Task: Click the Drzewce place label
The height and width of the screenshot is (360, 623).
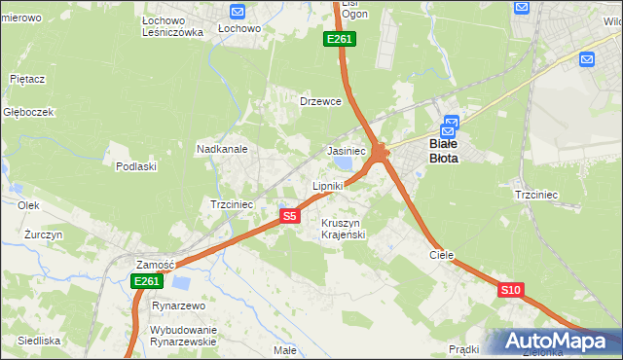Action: [320, 101]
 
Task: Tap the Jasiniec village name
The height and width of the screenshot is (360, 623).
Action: [346, 152]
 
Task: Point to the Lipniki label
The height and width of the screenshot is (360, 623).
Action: [328, 185]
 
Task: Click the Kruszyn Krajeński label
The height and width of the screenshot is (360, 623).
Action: [343, 229]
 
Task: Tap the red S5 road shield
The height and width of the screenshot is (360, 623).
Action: [289, 216]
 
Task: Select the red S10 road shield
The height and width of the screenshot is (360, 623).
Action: [511, 290]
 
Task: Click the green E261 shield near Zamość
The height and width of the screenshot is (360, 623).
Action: [145, 281]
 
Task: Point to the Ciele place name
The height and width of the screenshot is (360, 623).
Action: [442, 254]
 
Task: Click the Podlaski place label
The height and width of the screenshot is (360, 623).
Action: [136, 166]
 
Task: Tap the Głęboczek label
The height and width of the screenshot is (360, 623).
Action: [28, 112]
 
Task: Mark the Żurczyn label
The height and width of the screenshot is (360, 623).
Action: [44, 235]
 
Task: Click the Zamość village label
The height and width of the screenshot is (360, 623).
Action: [155, 265]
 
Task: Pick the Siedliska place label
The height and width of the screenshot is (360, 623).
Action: [38, 341]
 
